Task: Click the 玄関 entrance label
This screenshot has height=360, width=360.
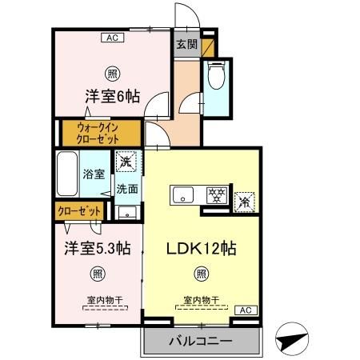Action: tap(186, 45)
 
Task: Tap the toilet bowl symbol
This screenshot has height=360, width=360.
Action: tap(215, 77)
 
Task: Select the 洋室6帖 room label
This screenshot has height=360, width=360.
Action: tap(113, 97)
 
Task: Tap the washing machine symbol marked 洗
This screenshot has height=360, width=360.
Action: tap(126, 162)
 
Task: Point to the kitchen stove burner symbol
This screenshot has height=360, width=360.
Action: tap(214, 194)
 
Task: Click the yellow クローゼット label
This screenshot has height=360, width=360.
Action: tap(80, 211)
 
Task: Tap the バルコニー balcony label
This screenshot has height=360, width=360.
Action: tap(201, 342)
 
